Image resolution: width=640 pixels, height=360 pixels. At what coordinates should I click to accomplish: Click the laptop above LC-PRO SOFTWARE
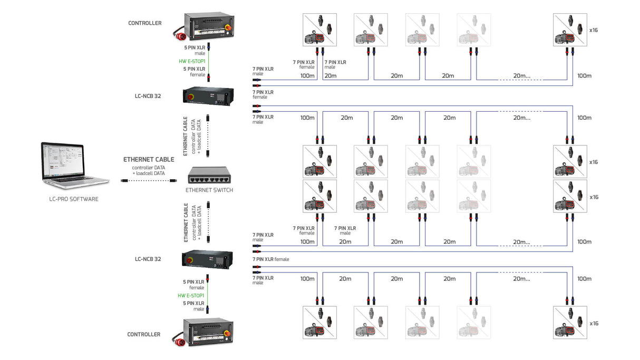75,163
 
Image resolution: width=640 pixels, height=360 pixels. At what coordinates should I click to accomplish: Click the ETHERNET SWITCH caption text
209,190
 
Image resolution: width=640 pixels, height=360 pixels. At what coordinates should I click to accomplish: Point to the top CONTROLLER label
144,23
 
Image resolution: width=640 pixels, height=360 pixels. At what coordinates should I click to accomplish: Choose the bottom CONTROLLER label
144,334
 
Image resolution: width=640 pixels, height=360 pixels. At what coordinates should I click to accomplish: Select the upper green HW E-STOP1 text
192,62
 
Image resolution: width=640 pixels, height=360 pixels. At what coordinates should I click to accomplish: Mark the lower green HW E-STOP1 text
191,296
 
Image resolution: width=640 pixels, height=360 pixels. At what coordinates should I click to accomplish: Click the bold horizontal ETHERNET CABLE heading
149,159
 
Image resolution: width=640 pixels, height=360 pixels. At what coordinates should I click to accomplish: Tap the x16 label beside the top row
594,30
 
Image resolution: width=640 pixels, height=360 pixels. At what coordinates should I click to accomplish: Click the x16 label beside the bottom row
594,323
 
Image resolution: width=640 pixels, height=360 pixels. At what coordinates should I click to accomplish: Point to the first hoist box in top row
319,30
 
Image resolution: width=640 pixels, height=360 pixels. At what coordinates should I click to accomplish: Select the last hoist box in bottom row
569,323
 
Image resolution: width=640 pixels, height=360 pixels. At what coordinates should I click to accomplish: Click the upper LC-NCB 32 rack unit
208,96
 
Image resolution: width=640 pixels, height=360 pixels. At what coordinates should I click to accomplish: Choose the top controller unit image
208,28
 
